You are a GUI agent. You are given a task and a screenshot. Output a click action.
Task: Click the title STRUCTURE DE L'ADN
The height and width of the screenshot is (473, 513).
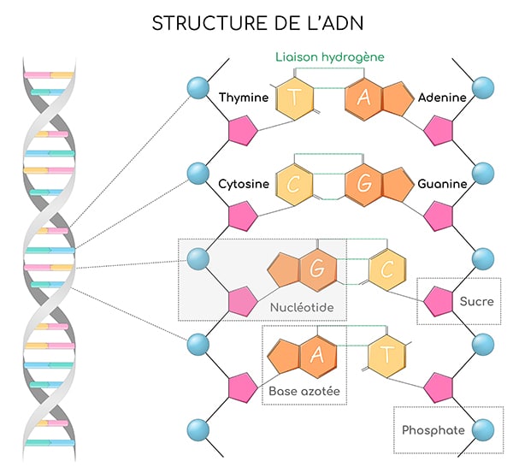[x=256, y=23]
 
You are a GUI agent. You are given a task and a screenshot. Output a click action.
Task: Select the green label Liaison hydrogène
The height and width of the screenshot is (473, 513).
[x=329, y=57]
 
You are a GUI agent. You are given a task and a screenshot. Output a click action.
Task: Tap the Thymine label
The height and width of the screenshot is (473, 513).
[x=244, y=98]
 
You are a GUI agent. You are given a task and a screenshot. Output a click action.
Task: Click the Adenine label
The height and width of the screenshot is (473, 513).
[x=442, y=98]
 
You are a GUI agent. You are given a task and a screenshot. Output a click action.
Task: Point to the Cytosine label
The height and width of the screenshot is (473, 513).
[x=245, y=184]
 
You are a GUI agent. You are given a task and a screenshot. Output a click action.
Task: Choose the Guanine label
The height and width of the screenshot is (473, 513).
[x=442, y=184]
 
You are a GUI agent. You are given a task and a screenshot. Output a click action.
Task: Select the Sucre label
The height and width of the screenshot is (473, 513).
[x=476, y=301]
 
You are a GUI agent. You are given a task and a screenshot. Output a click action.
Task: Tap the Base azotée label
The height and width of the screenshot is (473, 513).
[x=304, y=392]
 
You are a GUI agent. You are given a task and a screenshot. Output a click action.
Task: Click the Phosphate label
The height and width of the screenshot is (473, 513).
[x=433, y=430]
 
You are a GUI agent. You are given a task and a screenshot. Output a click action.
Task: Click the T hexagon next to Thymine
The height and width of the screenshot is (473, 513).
[x=295, y=99]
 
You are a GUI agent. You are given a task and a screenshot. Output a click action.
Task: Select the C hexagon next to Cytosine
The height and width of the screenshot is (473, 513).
[x=295, y=185]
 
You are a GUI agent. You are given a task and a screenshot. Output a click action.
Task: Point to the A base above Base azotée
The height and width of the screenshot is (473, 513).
[x=315, y=354]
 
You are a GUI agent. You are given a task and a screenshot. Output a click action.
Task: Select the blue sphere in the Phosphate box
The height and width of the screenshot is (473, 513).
[x=483, y=429]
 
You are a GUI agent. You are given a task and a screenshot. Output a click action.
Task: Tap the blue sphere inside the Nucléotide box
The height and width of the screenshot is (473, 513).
[x=198, y=257]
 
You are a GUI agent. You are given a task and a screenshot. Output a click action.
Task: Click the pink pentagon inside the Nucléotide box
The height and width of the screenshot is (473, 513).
[x=241, y=300]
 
